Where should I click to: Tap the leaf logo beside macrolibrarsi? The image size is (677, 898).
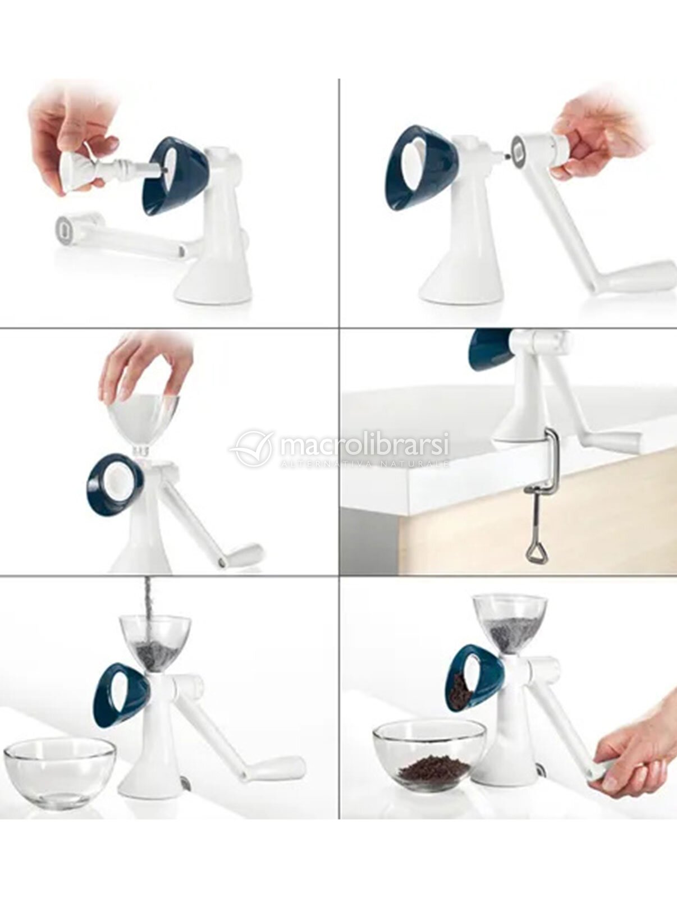[250, 448]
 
